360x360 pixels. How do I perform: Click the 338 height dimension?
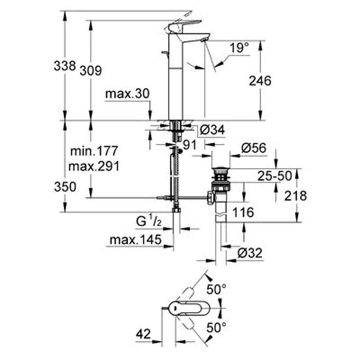[x=64, y=65]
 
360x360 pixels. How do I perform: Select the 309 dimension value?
[x=91, y=71]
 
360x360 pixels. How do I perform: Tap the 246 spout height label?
[x=260, y=81]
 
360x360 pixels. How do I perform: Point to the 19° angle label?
[x=240, y=48]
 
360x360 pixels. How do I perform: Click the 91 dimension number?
[x=189, y=145]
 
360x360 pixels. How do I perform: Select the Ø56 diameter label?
[x=254, y=148]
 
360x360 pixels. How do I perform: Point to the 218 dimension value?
[x=295, y=196]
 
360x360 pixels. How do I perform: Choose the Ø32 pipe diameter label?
[x=250, y=253]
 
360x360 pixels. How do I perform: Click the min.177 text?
[x=94, y=151]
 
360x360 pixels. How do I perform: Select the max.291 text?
[x=94, y=166]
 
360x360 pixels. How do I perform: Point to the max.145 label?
[x=136, y=240]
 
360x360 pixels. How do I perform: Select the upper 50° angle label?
[x=217, y=290]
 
